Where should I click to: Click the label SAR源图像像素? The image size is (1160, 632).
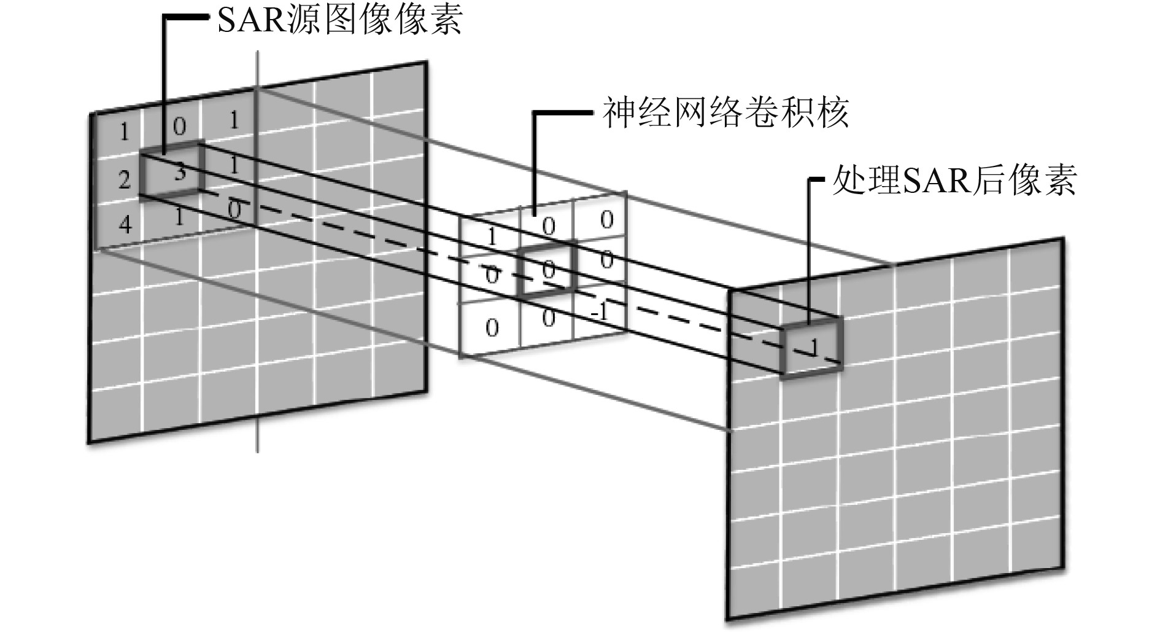pos(339,23)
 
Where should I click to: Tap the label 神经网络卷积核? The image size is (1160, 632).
pos(725,113)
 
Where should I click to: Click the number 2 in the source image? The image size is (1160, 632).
pos(125,181)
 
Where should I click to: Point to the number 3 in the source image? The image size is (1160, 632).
pos(180,173)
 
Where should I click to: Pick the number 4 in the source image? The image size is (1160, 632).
pos(125,224)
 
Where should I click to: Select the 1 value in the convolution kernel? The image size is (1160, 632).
pos(492,237)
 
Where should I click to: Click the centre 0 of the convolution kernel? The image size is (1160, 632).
pos(548,268)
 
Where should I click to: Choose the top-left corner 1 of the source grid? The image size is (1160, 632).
pos(125,131)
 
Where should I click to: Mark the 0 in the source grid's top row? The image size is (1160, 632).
pos(179,127)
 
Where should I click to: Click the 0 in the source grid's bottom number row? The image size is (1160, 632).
pos(234,210)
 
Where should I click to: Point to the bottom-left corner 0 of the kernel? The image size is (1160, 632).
pos(492,327)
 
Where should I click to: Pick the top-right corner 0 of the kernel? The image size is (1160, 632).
pos(606,220)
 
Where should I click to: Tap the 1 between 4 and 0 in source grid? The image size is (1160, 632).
pos(179,216)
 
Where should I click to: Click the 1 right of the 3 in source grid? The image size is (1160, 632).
pos(234,165)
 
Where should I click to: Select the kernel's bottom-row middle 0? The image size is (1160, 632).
pos(549,318)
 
